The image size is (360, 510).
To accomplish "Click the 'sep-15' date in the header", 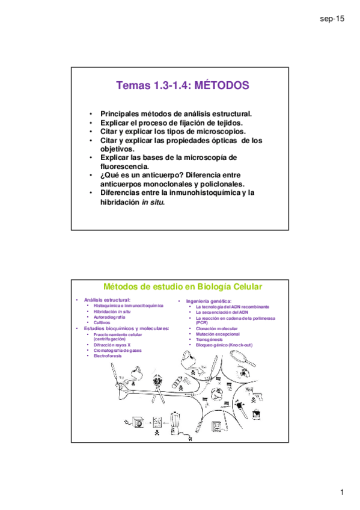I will [x=332, y=20].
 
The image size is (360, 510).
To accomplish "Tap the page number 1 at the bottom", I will [x=341, y=493].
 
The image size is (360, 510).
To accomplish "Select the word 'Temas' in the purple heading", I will [x=131, y=86].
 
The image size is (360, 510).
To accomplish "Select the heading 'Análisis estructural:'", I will [x=107, y=300].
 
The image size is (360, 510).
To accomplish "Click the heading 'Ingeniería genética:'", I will [x=209, y=301].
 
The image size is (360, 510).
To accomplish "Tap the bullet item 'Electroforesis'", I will [x=108, y=356].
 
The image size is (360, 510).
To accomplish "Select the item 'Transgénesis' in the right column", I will [x=209, y=339].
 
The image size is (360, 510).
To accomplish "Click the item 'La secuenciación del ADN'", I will [x=222, y=312].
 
